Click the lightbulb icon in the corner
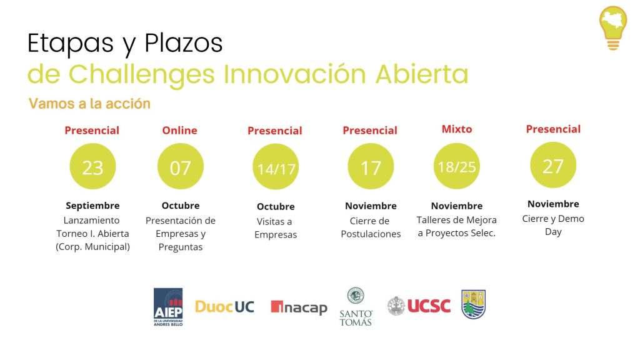click(x=612, y=27)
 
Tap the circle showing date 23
click(x=92, y=166)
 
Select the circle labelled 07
click(x=181, y=166)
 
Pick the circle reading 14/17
click(x=276, y=166)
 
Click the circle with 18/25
click(x=456, y=166)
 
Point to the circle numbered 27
click(x=553, y=165)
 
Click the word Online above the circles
click(x=179, y=130)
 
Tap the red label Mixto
click(x=457, y=129)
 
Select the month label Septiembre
click(x=92, y=205)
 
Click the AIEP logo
click(x=168, y=306)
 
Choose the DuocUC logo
click(x=224, y=306)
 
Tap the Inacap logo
click(x=299, y=307)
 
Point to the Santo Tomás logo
click(x=356, y=306)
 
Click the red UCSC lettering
click(x=429, y=306)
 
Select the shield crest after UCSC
click(x=474, y=304)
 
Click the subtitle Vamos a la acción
click(x=89, y=104)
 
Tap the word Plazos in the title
click(x=184, y=43)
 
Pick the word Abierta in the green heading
click(x=422, y=74)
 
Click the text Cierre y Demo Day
click(x=553, y=225)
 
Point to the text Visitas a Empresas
click(x=276, y=227)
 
